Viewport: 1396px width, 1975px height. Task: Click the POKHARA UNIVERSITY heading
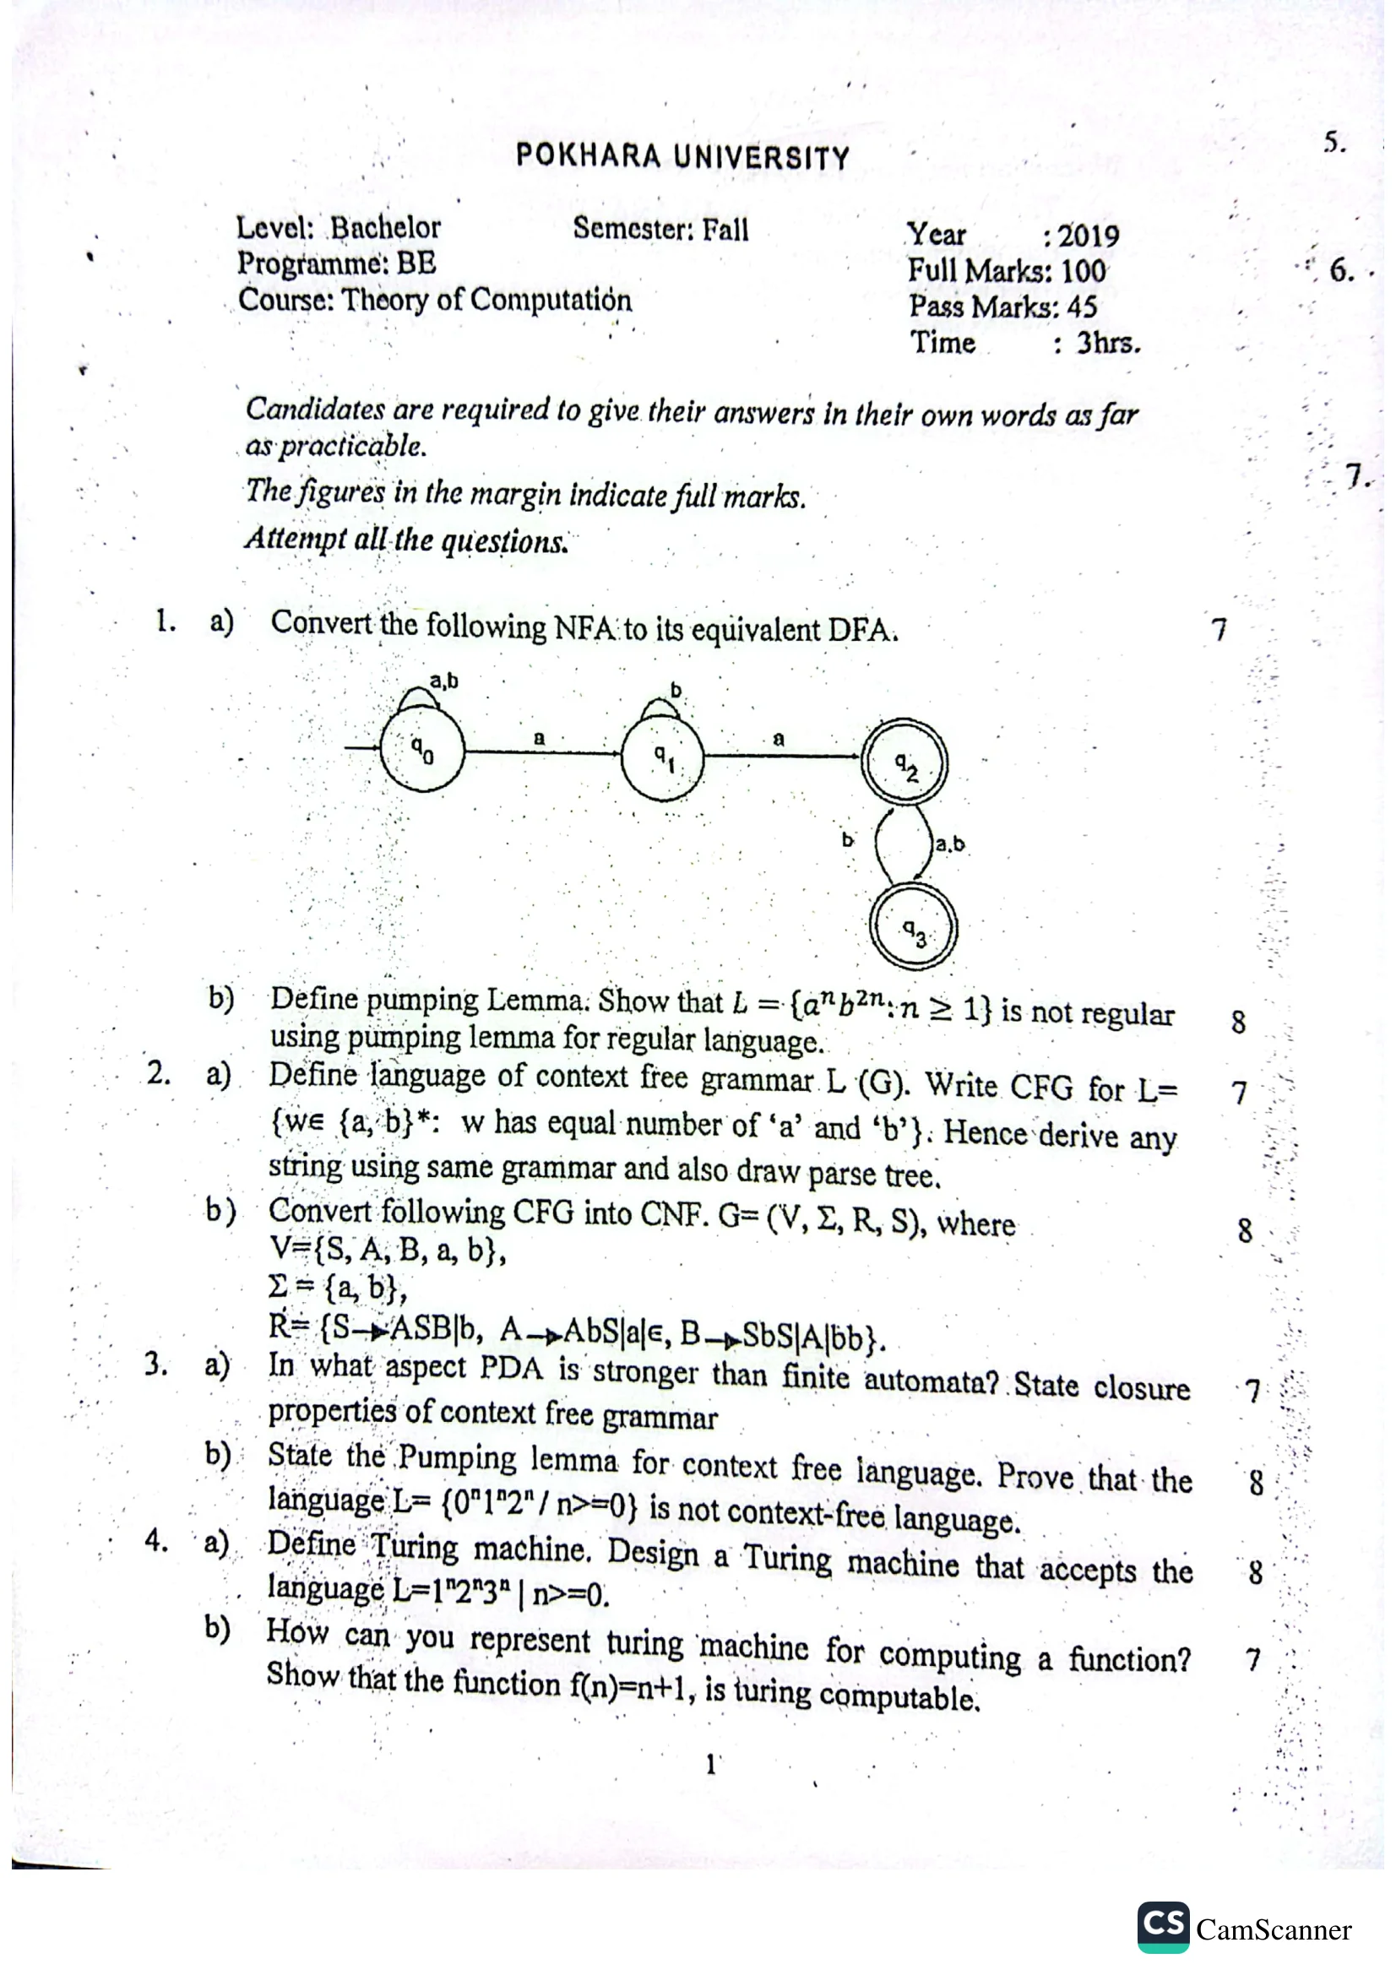pos(682,157)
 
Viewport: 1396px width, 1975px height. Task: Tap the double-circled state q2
pos(904,763)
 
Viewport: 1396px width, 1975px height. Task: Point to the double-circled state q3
pos(914,929)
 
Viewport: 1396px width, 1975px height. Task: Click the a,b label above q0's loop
pos(444,681)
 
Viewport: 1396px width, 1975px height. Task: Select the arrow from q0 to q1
pos(542,753)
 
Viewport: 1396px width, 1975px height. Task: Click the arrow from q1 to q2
pos(783,756)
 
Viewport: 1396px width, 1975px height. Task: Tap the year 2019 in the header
pos(1088,236)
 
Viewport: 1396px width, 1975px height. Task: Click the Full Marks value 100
pos(1083,272)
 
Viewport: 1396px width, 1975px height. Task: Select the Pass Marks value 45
pos(1081,307)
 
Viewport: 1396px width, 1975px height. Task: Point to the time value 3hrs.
pos(1109,343)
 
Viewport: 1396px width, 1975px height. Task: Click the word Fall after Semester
pos(725,230)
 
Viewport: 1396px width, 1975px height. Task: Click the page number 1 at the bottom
pos(710,1765)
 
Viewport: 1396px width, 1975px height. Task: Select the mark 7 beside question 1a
pos(1218,631)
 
